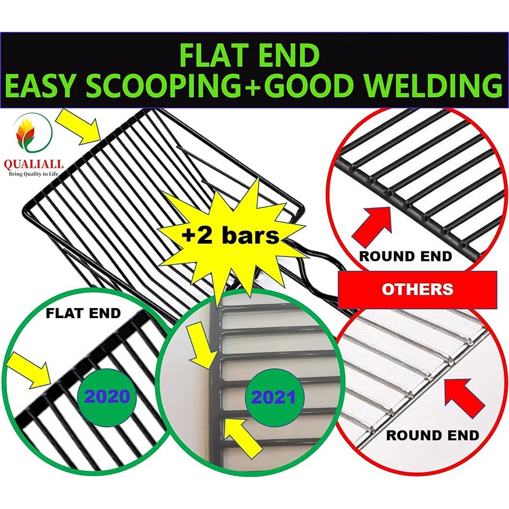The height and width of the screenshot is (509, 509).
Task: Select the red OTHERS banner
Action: coord(417,289)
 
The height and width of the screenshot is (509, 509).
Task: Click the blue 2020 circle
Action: coord(107,397)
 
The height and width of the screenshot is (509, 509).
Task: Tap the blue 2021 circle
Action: coord(274,398)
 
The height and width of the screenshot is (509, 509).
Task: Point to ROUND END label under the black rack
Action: coord(405,256)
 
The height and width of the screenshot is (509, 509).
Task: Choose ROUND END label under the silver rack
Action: coord(433,436)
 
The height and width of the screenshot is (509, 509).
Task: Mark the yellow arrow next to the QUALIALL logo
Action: coord(78,125)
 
